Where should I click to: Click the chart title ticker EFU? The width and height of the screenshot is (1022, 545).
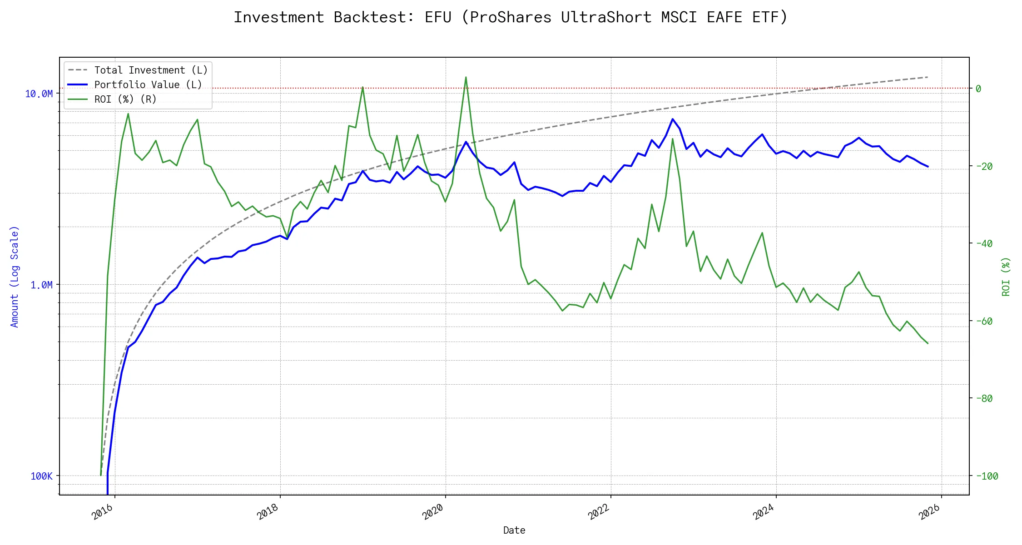click(438, 17)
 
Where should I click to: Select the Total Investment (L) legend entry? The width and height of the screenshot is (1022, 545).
click(150, 70)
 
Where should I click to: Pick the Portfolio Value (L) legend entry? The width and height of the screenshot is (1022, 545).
click(148, 85)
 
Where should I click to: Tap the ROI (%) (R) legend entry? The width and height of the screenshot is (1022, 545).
click(125, 99)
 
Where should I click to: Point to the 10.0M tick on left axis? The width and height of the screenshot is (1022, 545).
click(39, 94)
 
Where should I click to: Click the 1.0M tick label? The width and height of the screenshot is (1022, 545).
click(41, 285)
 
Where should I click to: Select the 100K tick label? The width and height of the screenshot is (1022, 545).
click(41, 476)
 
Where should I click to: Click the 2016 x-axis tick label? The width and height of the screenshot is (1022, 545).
click(103, 512)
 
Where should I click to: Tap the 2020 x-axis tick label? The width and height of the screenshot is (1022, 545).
click(433, 512)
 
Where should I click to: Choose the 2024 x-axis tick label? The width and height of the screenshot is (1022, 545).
click(764, 512)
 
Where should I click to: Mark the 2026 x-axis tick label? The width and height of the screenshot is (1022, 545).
click(929, 512)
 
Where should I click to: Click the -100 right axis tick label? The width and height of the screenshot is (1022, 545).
click(987, 476)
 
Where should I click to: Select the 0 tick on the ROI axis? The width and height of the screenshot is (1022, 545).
click(978, 89)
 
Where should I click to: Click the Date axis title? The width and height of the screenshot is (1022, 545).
click(514, 530)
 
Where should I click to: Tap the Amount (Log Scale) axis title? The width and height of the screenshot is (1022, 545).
click(15, 277)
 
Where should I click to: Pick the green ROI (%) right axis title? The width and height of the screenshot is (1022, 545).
click(1006, 277)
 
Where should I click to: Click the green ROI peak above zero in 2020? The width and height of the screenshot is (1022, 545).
click(466, 77)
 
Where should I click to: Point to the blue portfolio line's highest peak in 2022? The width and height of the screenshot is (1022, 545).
click(673, 119)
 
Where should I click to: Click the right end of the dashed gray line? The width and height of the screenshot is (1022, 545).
click(928, 77)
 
